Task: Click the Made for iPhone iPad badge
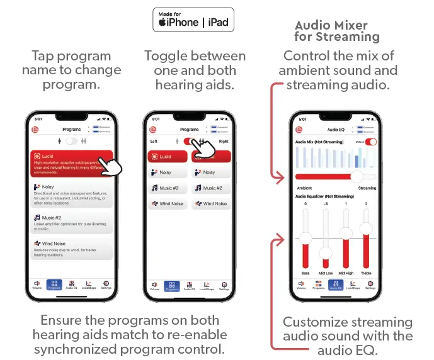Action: pos(194,20)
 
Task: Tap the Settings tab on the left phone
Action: pos(106,284)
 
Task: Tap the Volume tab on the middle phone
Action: pos(154,284)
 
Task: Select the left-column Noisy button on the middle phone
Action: pos(167,172)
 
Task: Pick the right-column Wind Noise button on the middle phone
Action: pos(211,203)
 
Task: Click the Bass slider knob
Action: pos(305,237)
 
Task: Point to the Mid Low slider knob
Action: pos(325,253)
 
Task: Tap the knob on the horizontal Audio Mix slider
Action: pos(357,177)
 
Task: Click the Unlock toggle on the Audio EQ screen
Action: pos(371,142)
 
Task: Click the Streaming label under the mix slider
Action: pos(367,188)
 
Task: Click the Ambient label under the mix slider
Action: pos(304,188)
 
